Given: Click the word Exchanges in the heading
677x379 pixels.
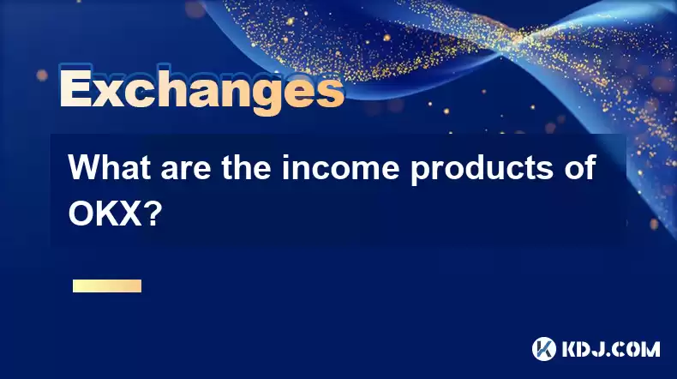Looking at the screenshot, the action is [x=201, y=89].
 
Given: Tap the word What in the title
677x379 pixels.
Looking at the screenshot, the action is [x=109, y=167].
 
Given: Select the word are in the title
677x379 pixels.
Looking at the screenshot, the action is [x=186, y=171].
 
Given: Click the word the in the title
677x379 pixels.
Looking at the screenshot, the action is [x=246, y=167].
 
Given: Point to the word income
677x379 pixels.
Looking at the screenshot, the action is [x=341, y=167].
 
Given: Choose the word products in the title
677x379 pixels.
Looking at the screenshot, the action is [x=482, y=171].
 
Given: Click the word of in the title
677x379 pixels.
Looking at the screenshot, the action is [x=579, y=167].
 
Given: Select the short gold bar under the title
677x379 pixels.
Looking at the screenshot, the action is [x=107, y=286].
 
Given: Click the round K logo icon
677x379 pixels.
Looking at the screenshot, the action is [x=544, y=349].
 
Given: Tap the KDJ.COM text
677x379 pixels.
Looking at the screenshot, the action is [x=610, y=349].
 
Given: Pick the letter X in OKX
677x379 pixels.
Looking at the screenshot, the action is [x=129, y=214].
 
